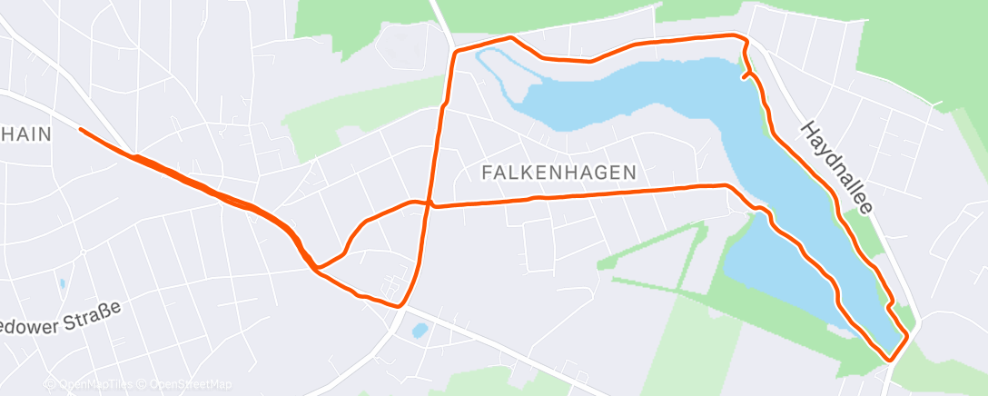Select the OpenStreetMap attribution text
point(185,385)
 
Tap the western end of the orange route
point(82,130)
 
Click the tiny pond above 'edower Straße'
point(62,284)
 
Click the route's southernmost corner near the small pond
point(399,306)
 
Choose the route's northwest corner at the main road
point(454,52)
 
